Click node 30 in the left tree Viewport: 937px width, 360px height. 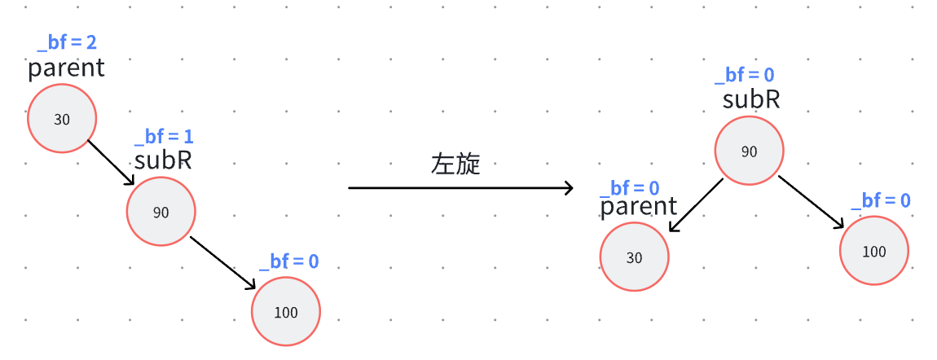[x=62, y=119]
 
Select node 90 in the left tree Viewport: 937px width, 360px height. [x=161, y=212]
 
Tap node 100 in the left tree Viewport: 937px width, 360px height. [x=286, y=312]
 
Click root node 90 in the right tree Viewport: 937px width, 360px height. [x=749, y=151]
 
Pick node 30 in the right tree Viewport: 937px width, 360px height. [x=634, y=257]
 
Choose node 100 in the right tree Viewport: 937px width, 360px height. [x=873, y=251]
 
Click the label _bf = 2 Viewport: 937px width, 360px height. [x=67, y=42]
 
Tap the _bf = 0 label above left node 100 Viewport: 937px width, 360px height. [x=288, y=261]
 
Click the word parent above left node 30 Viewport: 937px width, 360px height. [x=66, y=68]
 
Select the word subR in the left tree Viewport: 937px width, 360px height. [x=163, y=160]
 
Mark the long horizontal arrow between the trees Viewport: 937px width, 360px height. [x=461, y=188]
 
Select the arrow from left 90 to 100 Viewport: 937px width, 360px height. [x=222, y=261]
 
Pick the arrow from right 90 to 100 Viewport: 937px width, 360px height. [x=812, y=201]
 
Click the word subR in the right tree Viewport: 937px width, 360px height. [x=751, y=99]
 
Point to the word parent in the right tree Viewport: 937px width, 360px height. [x=639, y=207]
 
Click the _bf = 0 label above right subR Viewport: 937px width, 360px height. [x=744, y=76]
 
